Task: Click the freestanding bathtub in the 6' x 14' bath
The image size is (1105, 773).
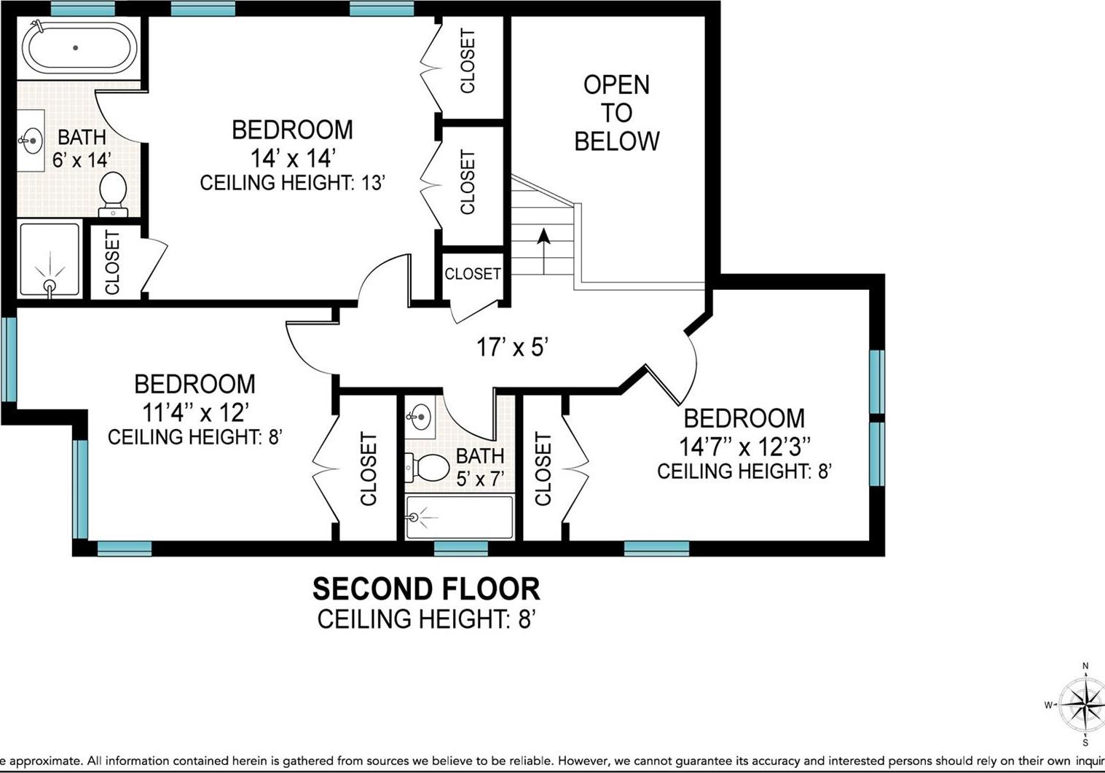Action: tap(79, 47)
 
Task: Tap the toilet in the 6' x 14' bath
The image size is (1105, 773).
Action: tap(113, 193)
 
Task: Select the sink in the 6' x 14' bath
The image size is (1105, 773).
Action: tap(31, 141)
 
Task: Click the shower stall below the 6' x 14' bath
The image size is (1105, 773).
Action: tap(50, 260)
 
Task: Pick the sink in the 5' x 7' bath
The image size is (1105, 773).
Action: tap(420, 417)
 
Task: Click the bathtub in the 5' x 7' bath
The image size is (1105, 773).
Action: tap(459, 517)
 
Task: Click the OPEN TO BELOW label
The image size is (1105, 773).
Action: tap(616, 113)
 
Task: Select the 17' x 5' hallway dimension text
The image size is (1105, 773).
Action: tap(512, 348)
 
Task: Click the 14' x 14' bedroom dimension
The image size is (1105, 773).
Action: tap(292, 157)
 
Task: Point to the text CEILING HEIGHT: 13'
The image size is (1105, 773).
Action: tap(292, 182)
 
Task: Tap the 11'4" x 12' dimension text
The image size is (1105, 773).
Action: tap(195, 412)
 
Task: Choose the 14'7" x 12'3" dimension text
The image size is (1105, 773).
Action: tap(744, 446)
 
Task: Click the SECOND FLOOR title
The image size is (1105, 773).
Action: tap(426, 589)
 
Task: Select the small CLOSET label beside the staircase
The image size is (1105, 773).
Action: tap(473, 274)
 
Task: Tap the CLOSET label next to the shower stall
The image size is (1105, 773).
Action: tap(113, 262)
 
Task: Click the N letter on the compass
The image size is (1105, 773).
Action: tap(1085, 666)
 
